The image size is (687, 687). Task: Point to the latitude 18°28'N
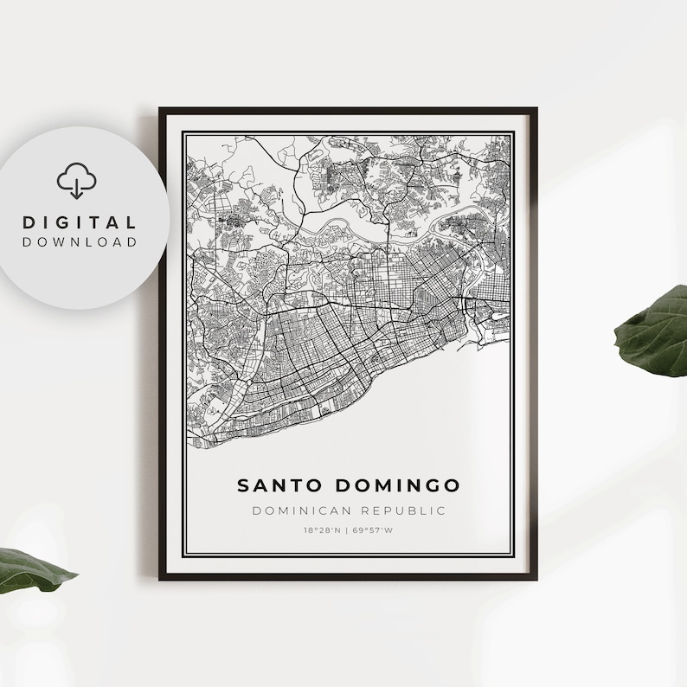point(322,530)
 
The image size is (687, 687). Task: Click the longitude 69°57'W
point(373,530)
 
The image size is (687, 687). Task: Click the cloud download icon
point(77,181)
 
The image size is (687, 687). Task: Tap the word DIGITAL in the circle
point(80,223)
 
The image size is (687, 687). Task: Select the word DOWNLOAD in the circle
point(80,242)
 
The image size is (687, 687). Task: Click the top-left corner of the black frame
point(161,110)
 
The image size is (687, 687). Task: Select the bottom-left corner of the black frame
point(161,577)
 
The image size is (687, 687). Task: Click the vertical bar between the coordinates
point(347,530)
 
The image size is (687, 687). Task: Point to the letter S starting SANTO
point(244,485)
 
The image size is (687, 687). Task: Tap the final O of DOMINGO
point(453,485)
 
